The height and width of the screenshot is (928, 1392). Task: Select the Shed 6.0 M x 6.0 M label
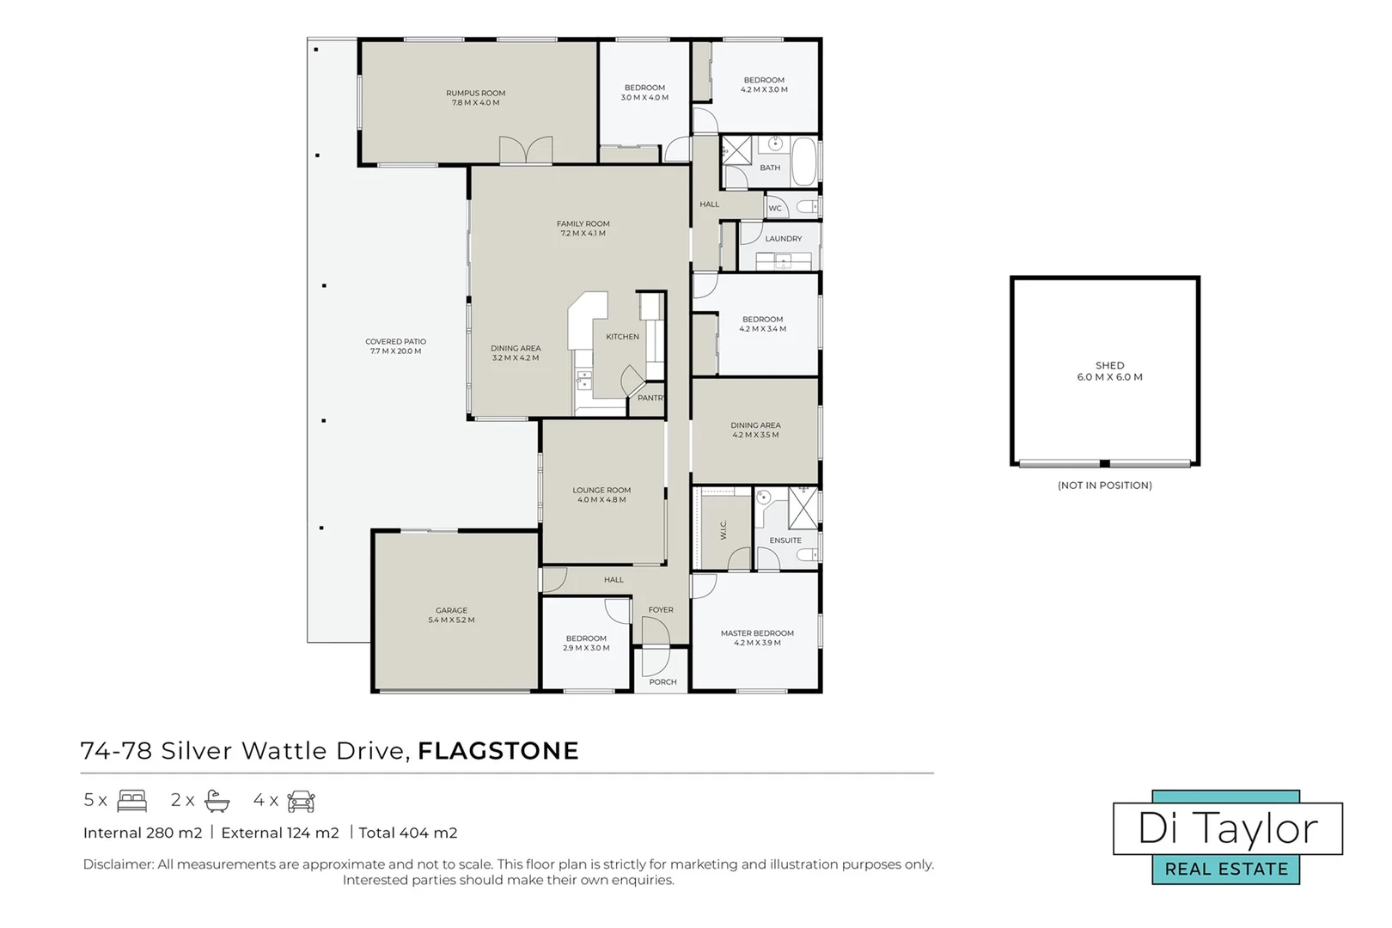click(x=1110, y=371)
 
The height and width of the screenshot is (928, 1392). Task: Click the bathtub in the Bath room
click(x=805, y=161)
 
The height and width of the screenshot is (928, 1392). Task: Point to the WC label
click(x=775, y=208)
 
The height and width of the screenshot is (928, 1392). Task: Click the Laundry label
click(x=784, y=239)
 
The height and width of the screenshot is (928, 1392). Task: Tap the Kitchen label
click(x=623, y=337)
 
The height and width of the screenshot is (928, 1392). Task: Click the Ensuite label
click(x=785, y=540)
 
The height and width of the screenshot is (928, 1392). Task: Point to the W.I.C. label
click(x=723, y=530)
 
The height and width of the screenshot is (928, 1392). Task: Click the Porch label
click(x=663, y=682)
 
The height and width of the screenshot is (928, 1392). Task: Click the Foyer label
click(x=661, y=610)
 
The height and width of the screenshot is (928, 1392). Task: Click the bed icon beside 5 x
click(x=131, y=801)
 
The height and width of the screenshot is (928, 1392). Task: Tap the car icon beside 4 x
click(x=302, y=801)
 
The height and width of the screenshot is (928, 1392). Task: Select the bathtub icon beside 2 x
click(x=217, y=801)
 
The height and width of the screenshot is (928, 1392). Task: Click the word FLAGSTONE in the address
click(x=498, y=751)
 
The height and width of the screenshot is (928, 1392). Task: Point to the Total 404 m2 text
click(x=407, y=833)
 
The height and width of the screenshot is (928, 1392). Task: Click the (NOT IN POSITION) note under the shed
click(x=1105, y=485)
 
